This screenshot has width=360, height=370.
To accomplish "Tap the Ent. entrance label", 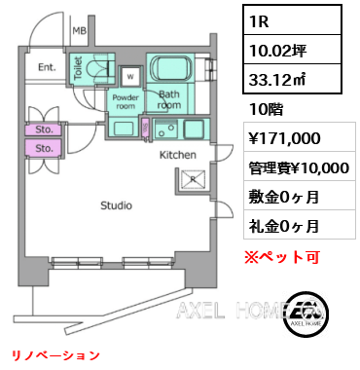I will coord(47,67).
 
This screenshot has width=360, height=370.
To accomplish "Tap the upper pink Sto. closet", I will coord(45,129).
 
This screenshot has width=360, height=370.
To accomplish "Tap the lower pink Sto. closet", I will coord(45,148).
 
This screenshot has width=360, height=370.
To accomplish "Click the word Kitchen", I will coord(178,155).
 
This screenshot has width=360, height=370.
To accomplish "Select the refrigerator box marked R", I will coord(191,180).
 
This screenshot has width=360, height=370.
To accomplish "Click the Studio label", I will coord(118,205).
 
